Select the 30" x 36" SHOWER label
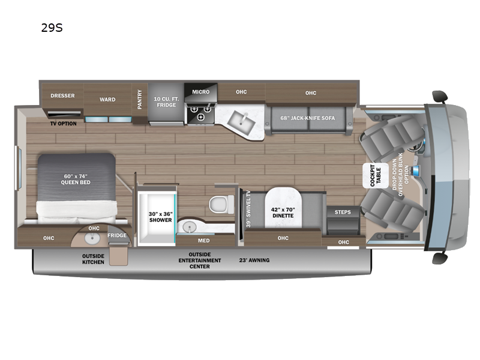(160, 216)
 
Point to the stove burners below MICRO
(200, 110)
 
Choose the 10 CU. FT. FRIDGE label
(166, 101)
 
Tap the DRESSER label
(62, 95)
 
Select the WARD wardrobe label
(107, 100)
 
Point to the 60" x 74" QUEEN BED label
(76, 179)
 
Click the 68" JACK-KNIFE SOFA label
(307, 117)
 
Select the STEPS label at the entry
(343, 212)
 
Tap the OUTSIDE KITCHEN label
(93, 259)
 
